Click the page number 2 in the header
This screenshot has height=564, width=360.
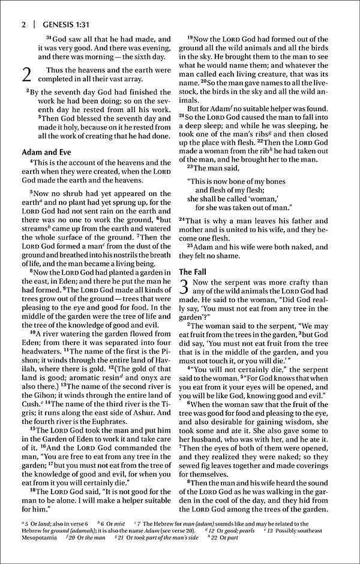click(22, 25)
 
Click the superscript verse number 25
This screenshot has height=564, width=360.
click(191, 245)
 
